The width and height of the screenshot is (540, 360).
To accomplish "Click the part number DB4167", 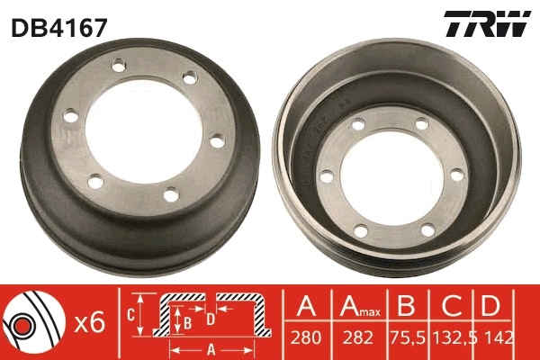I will point(59,27).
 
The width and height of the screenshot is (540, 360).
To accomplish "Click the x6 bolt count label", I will point(90,322).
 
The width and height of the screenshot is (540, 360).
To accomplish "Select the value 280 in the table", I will point(307,339).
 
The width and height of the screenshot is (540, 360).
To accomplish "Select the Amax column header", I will point(358,308).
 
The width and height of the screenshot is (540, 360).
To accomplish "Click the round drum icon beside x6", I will point(31,320).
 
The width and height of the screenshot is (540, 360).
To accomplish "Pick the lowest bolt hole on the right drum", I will point(360,232).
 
